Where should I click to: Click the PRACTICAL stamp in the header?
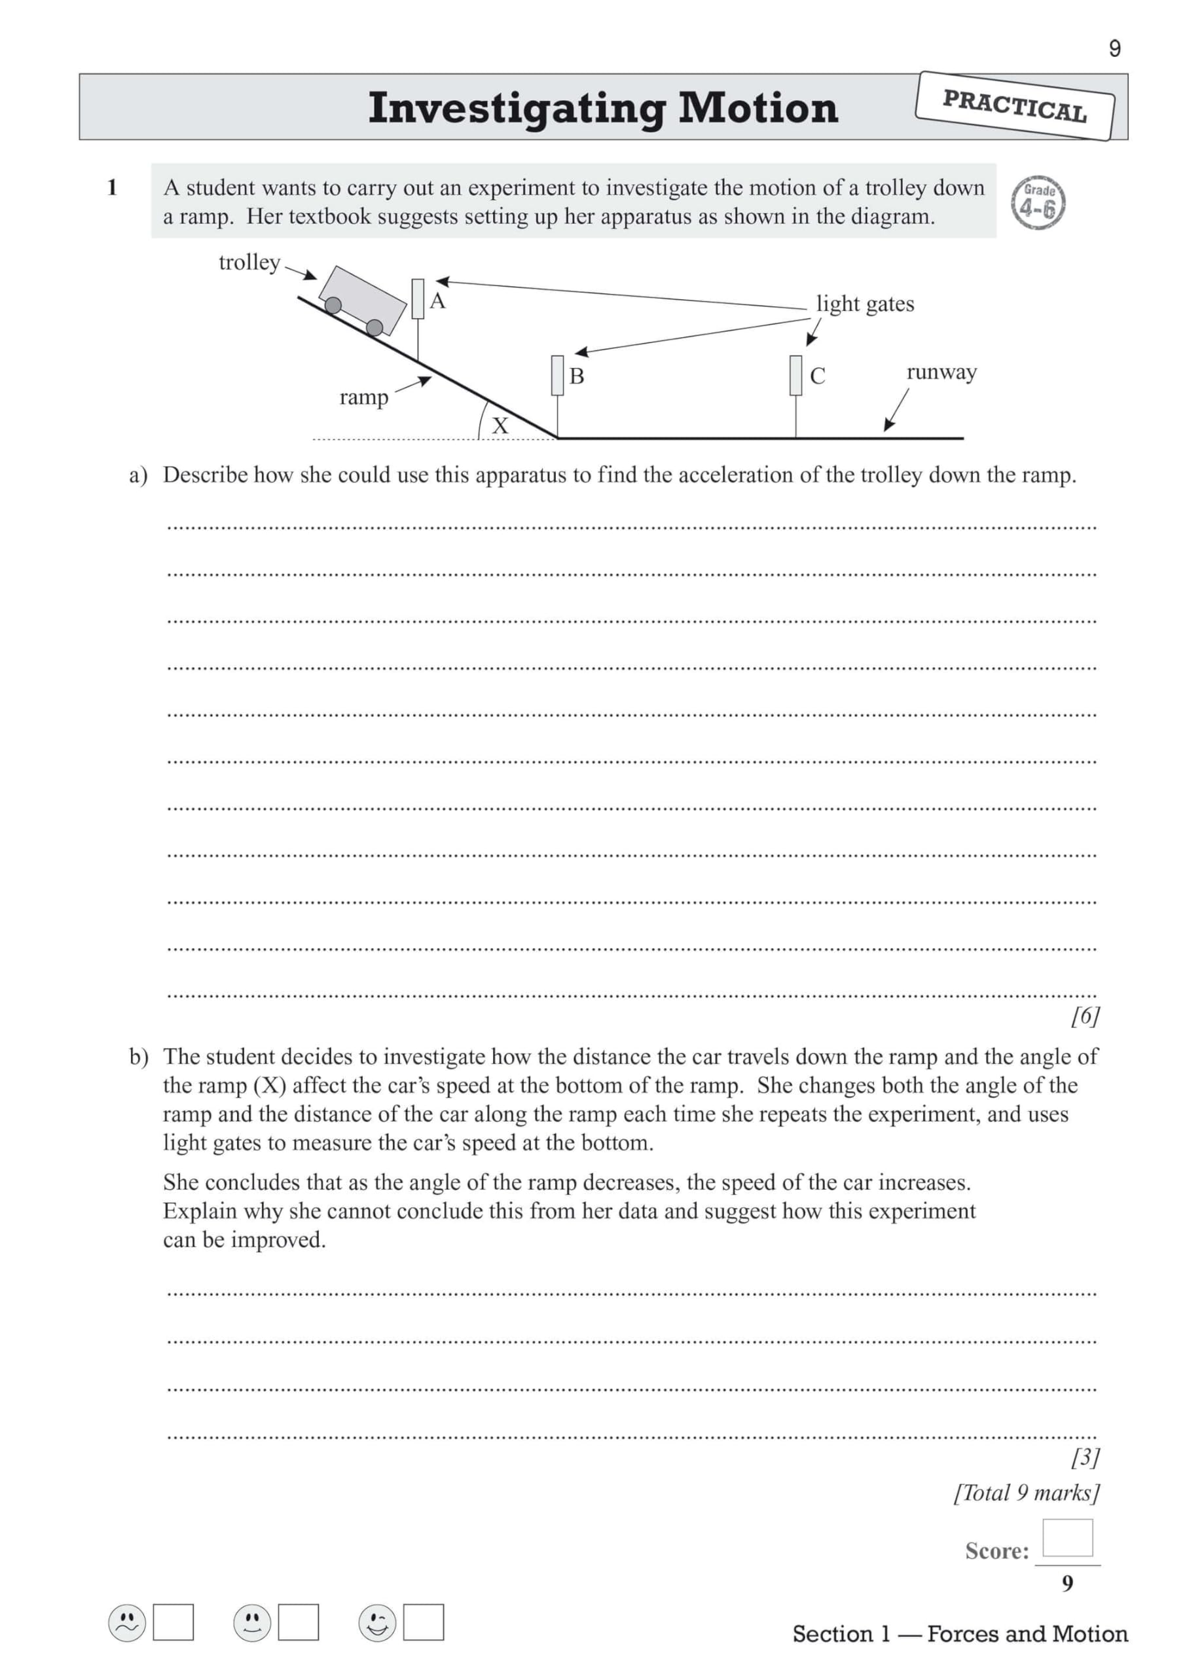pos(1014,107)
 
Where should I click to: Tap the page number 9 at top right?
pos(1114,48)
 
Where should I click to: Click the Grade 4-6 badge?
pos(1038,203)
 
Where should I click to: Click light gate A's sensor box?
pos(418,298)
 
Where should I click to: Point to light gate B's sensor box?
pos(557,375)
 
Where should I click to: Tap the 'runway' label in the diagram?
pos(941,373)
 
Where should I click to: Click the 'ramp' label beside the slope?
pos(363,398)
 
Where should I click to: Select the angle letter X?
pos(500,426)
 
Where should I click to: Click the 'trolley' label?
pos(249,262)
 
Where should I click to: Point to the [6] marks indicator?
pos(1084,1015)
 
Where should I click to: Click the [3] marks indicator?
pos(1084,1457)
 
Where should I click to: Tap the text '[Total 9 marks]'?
pos(1026,1493)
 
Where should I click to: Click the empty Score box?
pos(1066,1538)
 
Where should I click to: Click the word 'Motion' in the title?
pos(758,108)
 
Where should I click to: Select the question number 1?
pos(113,188)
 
